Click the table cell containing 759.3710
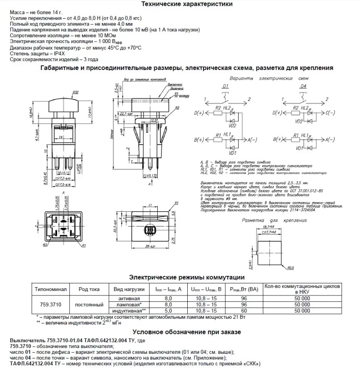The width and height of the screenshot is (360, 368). click(x=49, y=305)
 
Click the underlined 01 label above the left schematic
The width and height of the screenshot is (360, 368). click(x=226, y=86)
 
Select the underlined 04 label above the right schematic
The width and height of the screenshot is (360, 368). click(x=304, y=86)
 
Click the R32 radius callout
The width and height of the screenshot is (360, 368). click(x=76, y=92)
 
